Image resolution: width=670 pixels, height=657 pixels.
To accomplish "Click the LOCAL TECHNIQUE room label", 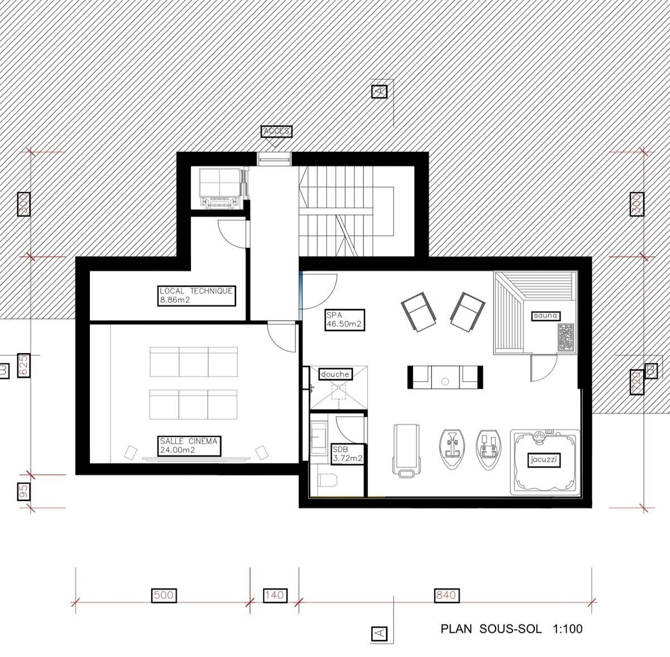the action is (197, 296).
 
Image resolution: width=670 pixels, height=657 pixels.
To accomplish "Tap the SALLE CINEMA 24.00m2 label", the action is (190, 446).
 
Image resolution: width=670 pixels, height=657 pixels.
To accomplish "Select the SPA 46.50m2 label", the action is (344, 320).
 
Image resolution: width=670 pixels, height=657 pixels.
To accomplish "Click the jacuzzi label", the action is (544, 459).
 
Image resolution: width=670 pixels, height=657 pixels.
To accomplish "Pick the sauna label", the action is (545, 316).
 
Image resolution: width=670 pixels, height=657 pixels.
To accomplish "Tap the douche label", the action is (335, 374).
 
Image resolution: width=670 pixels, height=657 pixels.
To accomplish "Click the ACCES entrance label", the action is (276, 131).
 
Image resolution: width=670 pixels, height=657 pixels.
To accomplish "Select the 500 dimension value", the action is (164, 595).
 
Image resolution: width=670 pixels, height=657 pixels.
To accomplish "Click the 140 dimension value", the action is (275, 595).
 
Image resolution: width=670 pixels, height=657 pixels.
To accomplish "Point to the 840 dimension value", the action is (447, 595).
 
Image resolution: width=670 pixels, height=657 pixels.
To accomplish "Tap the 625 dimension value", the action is (23, 365).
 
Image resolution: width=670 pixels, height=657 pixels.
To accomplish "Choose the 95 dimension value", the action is (23, 492).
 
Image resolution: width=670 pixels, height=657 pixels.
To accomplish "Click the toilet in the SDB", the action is (328, 481).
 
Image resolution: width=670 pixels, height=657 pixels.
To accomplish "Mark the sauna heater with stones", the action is (566, 337).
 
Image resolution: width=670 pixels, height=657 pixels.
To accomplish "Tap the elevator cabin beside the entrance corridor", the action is (221, 188).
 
